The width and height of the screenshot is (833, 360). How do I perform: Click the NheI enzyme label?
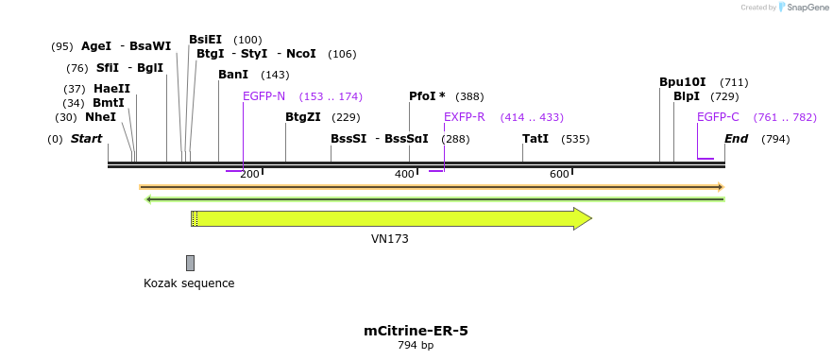(x=100, y=117)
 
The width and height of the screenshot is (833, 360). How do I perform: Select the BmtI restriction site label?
(x=109, y=103)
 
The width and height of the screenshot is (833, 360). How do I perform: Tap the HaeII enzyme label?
(x=111, y=89)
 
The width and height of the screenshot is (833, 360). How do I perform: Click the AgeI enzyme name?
(x=96, y=46)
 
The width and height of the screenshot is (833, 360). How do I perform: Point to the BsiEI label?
(x=205, y=40)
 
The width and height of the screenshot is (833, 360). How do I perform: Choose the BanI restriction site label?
(x=232, y=75)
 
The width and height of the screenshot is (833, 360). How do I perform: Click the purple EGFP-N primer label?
(x=263, y=96)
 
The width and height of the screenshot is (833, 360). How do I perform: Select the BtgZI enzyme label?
(x=302, y=117)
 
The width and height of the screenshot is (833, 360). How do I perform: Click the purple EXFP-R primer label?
(x=464, y=117)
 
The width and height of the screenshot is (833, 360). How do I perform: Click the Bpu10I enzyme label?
(x=682, y=82)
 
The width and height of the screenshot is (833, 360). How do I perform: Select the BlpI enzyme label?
(x=687, y=96)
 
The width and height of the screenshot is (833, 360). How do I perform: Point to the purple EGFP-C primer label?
(x=718, y=117)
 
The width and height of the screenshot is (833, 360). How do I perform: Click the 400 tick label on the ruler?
(x=404, y=174)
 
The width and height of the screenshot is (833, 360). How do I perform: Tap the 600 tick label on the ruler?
(x=559, y=174)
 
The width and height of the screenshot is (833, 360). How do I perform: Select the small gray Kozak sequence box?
(x=190, y=263)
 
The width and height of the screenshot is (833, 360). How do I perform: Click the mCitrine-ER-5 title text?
(x=416, y=331)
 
